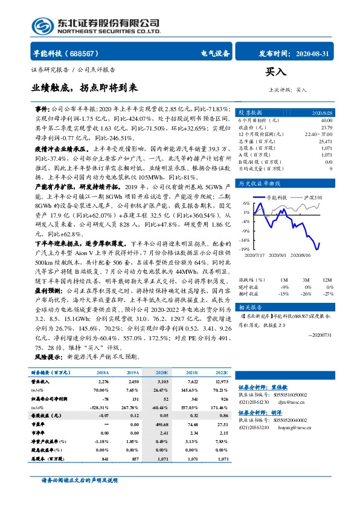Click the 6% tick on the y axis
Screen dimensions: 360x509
point(246,204)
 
